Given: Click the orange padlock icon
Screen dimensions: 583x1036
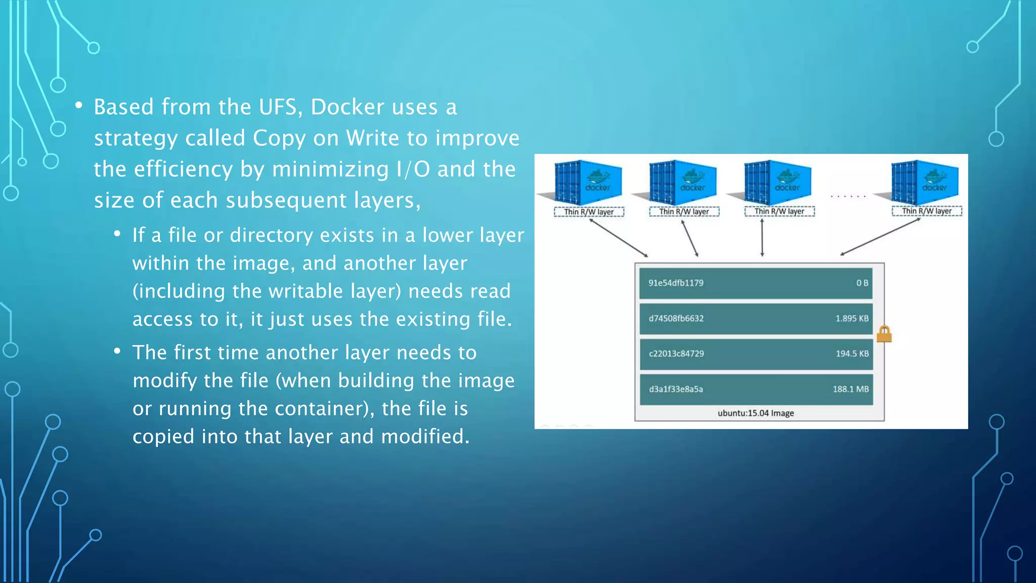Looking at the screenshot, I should [x=884, y=334].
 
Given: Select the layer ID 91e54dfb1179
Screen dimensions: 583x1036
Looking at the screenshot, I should [x=676, y=283].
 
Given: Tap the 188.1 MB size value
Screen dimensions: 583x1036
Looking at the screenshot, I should [x=850, y=389].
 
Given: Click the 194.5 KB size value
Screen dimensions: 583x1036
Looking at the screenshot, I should [x=852, y=354].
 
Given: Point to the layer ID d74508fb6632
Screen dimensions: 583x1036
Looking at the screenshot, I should [x=676, y=318].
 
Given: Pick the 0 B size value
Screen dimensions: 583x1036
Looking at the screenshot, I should [x=862, y=283].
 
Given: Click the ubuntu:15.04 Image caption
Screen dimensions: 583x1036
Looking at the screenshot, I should [x=755, y=413].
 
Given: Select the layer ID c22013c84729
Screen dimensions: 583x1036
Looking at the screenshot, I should [x=676, y=354].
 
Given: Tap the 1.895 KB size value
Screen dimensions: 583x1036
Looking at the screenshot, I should [x=852, y=318].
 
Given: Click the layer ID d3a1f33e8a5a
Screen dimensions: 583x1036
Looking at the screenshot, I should [x=676, y=389].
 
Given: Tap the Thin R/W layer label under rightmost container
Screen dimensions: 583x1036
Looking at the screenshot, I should [x=926, y=211].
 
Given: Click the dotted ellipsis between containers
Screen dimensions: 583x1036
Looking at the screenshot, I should [x=848, y=196].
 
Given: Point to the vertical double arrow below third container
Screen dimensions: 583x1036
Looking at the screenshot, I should [x=762, y=237].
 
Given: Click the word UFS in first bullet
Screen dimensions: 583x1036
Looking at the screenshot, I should [x=278, y=107].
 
